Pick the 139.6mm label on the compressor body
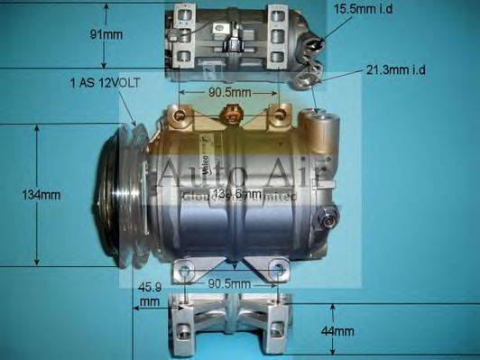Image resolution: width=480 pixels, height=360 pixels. (x=237, y=194)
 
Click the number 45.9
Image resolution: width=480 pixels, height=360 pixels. (x=150, y=288)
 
